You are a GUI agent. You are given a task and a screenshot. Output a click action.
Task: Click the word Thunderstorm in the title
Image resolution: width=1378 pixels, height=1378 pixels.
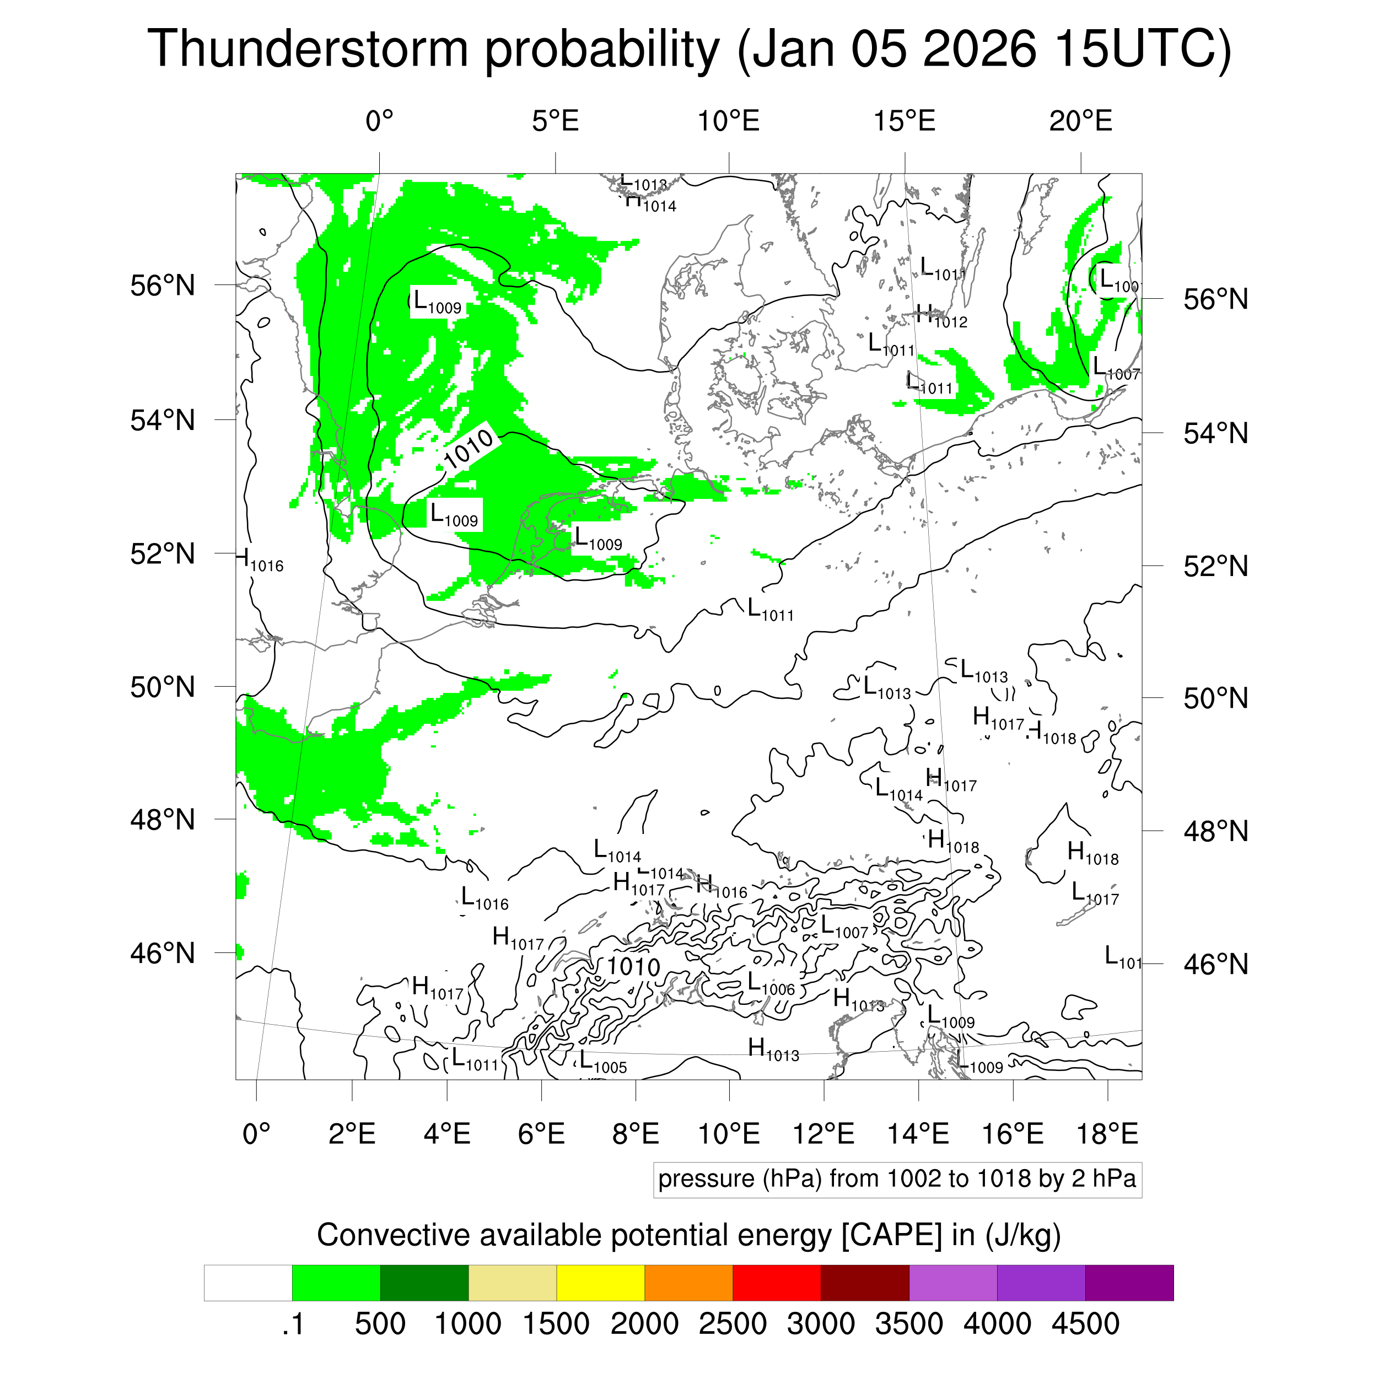point(306,50)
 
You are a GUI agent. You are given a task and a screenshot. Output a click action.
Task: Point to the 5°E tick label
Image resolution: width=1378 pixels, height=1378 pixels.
point(555,121)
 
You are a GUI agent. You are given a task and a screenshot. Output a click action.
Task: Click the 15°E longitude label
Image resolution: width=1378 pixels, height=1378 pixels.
point(905,121)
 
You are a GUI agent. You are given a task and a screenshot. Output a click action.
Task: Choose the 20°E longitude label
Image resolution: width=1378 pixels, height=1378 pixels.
point(1080,121)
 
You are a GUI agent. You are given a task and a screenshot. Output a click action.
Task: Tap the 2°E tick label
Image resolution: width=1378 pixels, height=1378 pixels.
point(352,1133)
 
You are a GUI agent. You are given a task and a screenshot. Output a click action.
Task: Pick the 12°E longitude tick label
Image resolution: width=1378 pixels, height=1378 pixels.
point(824,1133)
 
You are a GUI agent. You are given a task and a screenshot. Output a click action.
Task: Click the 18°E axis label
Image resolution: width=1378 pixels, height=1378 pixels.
point(1107,1133)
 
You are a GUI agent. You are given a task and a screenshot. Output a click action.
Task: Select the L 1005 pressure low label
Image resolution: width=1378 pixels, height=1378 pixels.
point(602,1062)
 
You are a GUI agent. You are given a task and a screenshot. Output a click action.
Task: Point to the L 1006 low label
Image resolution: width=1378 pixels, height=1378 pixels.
point(771,984)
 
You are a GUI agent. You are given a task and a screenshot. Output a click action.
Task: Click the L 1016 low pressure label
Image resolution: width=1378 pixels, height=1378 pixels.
point(485,898)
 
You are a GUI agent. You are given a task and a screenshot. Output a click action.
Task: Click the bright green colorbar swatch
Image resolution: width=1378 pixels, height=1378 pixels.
point(336,1283)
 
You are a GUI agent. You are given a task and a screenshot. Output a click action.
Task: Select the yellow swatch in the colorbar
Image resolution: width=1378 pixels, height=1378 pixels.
point(601,1283)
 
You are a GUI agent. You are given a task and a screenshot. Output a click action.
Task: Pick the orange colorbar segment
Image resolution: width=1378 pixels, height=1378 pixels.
point(688,1283)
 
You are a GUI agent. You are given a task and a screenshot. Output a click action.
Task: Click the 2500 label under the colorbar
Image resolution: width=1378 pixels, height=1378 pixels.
point(733,1325)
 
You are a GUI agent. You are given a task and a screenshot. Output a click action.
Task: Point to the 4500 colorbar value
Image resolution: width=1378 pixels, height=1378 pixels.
point(1085,1325)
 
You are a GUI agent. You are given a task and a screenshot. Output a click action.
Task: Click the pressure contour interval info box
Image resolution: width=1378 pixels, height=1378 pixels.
point(897,1179)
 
